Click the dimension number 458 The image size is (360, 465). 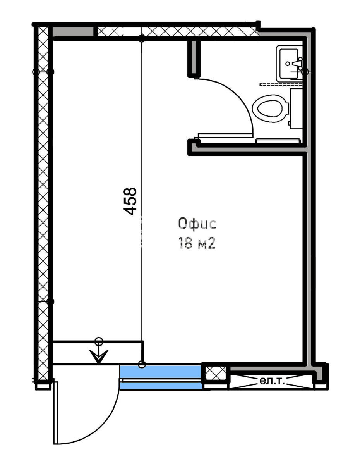pyautogui.click(x=130, y=201)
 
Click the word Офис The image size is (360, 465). pyautogui.click(x=197, y=224)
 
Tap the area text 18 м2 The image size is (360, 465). pyautogui.click(x=197, y=243)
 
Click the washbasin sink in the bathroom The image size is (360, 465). pyautogui.click(x=289, y=63)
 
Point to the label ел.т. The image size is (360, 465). pyautogui.click(x=272, y=381)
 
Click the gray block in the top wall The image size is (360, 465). pyautogui.click(x=73, y=32)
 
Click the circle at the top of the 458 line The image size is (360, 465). pyautogui.click(x=142, y=38)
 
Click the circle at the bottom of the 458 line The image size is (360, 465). pyautogui.click(x=142, y=364)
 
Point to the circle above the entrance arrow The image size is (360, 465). pyautogui.click(x=99, y=341)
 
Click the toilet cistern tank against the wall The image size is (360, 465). pyautogui.click(x=296, y=109)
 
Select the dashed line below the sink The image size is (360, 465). pyautogui.click(x=281, y=85)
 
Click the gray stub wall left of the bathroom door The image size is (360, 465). pyautogui.click(x=194, y=58)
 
